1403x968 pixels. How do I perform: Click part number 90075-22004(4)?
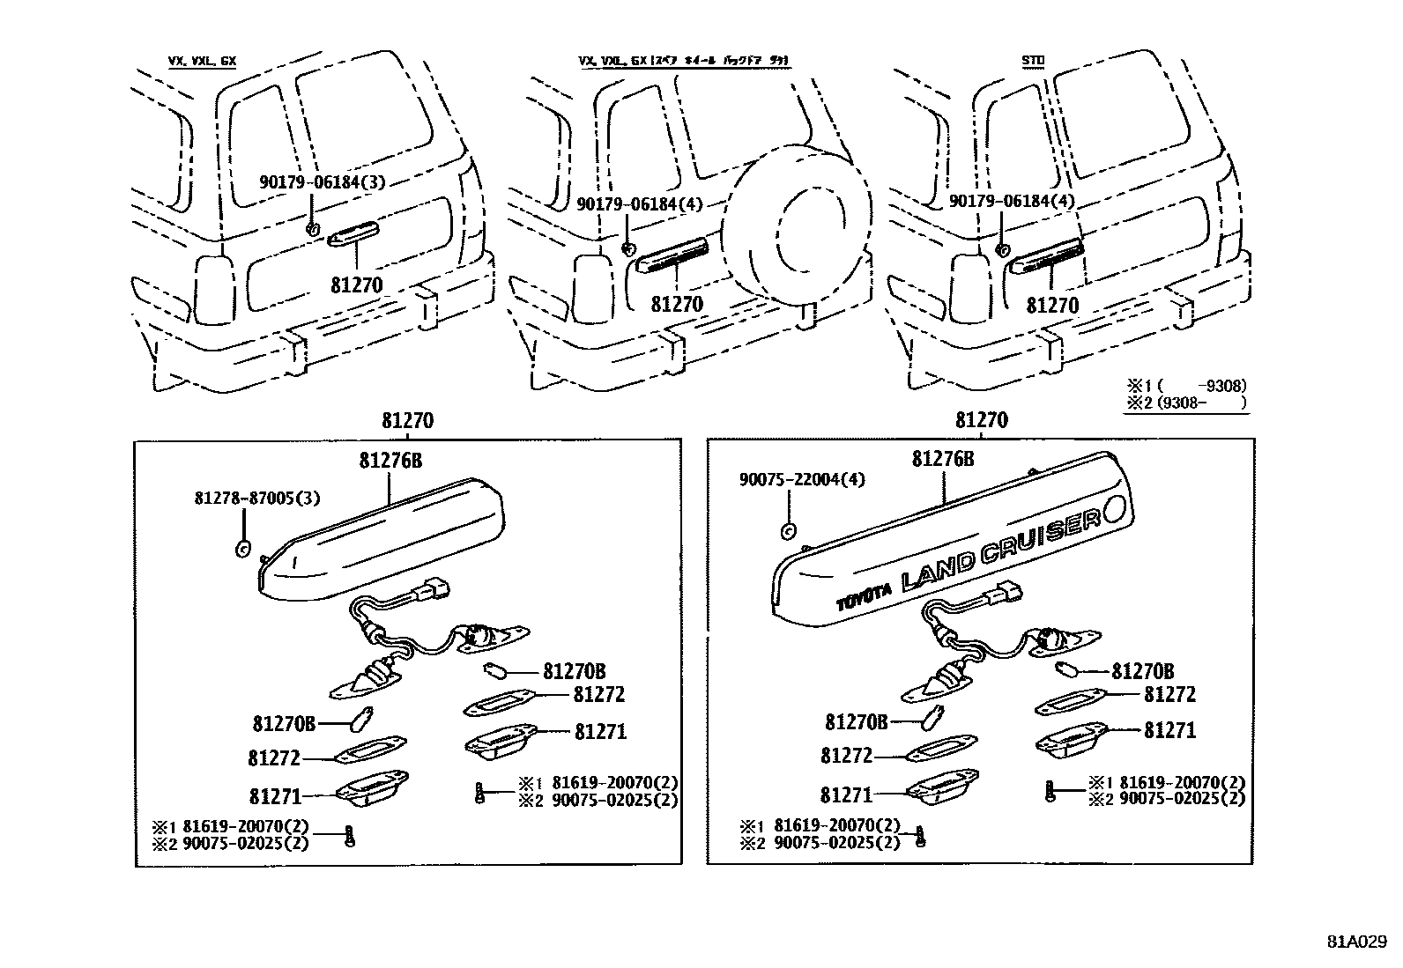801,479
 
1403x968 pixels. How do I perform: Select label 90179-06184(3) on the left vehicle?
323,181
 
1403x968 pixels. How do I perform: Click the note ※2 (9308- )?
1185,403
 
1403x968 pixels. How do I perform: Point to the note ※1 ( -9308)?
1185,386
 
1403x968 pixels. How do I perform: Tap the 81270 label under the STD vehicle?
1053,305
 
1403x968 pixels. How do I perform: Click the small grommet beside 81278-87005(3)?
241,549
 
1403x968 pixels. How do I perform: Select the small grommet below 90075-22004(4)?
790,530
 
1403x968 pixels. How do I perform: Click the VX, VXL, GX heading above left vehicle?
202,61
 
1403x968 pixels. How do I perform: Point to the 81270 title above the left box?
407,421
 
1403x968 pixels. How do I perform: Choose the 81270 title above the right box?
981,421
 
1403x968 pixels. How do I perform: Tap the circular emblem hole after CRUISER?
1112,509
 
